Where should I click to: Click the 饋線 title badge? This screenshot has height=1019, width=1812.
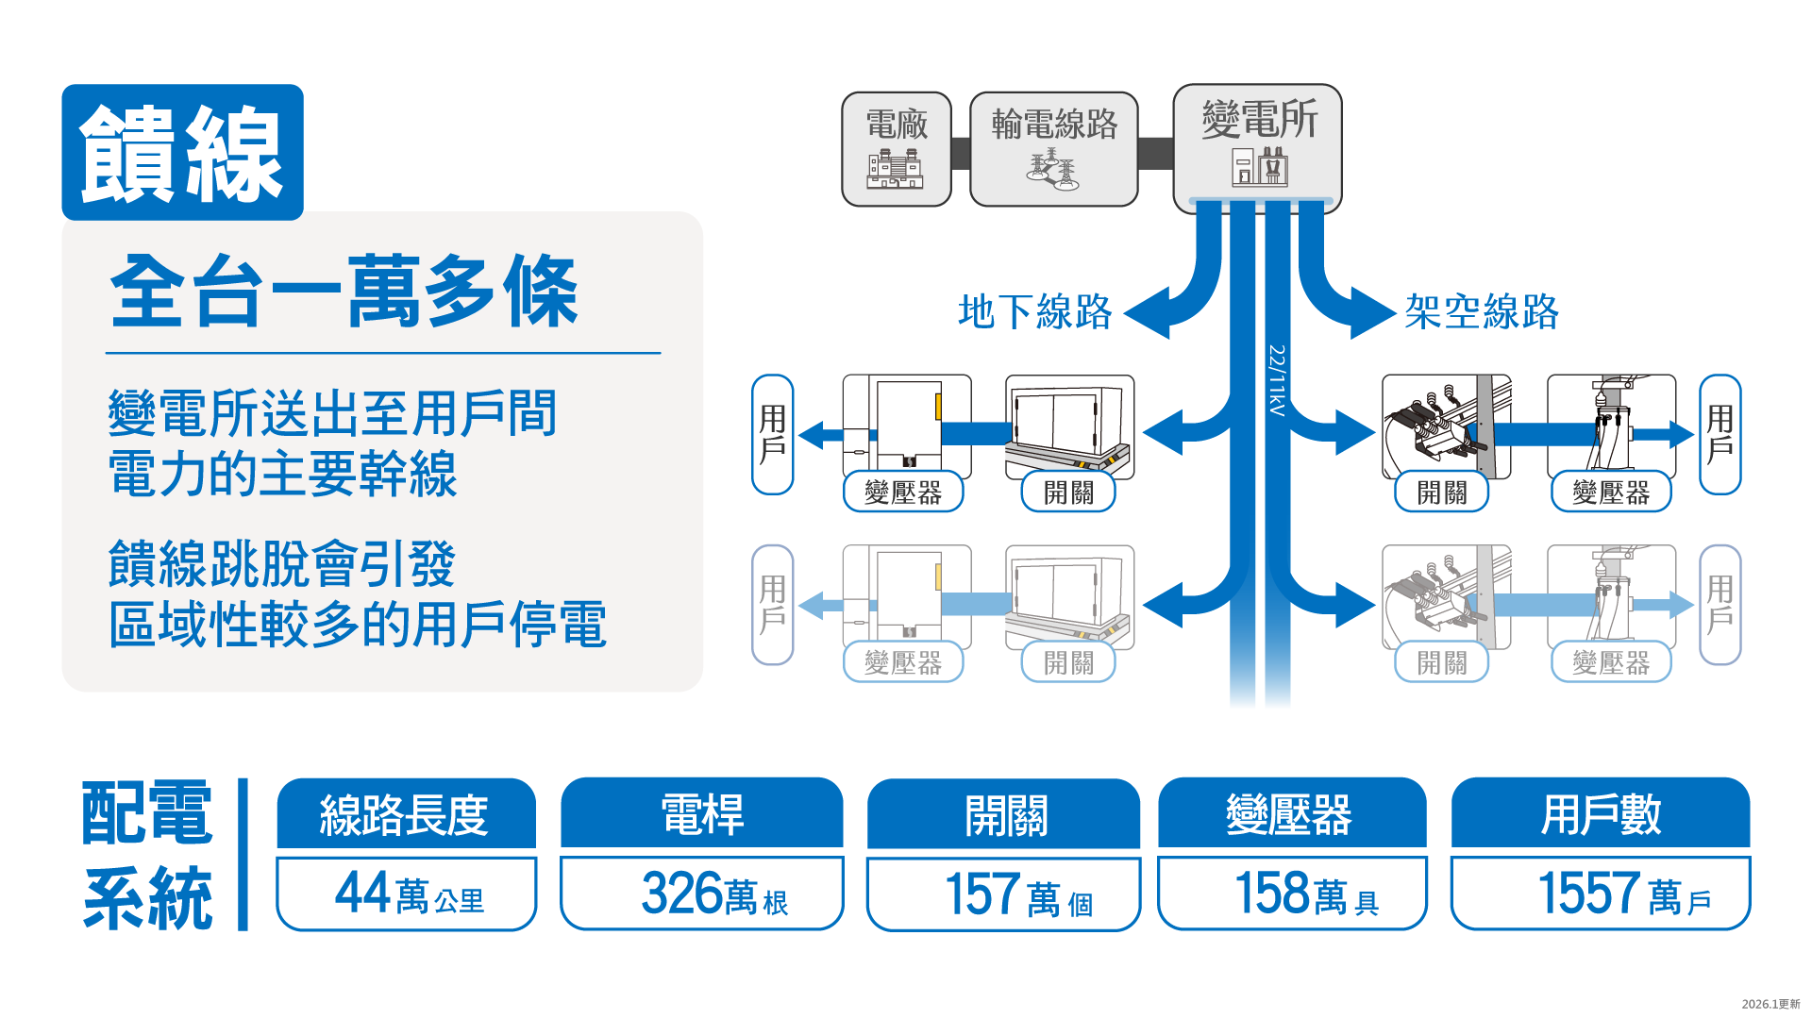pyautogui.click(x=182, y=153)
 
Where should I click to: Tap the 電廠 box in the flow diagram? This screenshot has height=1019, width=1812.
pyautogui.click(x=897, y=148)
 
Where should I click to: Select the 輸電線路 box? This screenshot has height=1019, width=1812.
pyautogui.click(x=1054, y=148)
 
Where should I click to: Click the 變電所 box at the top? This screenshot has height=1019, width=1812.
pyautogui.click(x=1257, y=146)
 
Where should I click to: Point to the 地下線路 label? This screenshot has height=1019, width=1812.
pyautogui.click(x=1035, y=311)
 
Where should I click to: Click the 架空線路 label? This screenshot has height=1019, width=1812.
pyautogui.click(x=1481, y=311)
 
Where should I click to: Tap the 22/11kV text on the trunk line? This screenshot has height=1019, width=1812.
pyautogui.click(x=1276, y=380)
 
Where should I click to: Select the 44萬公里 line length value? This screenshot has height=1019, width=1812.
pyautogui.click(x=407, y=894)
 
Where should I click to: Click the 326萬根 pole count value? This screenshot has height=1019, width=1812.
pyautogui.click(x=702, y=894)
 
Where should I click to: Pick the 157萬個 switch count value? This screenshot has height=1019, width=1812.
pyautogui.click(x=1004, y=894)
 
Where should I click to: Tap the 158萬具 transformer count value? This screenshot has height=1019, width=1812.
pyautogui.click(x=1292, y=894)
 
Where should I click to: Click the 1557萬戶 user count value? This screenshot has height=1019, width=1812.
pyautogui.click(x=1601, y=894)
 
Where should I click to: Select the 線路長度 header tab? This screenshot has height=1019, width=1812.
pyautogui.click(x=406, y=814)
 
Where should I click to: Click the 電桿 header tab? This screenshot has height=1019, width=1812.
pyautogui.click(x=702, y=813)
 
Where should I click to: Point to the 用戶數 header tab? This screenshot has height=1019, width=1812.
pyautogui.click(x=1601, y=813)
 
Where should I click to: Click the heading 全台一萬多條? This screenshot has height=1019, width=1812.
pyautogui.click(x=344, y=292)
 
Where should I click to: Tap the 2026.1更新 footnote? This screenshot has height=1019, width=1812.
pyautogui.click(x=1770, y=1004)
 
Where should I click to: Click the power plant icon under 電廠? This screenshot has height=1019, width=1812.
pyautogui.click(x=895, y=169)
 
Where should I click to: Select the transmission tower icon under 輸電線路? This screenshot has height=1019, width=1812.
pyautogui.click(x=1053, y=170)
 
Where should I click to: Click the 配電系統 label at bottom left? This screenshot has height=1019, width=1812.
pyautogui.click(x=148, y=855)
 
